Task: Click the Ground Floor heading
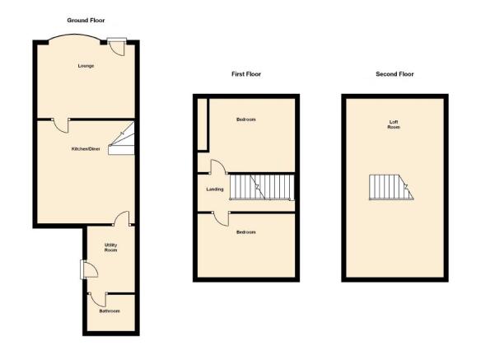[86, 21]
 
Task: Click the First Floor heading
[246, 74]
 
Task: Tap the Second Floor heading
[395, 74]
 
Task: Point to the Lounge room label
[86, 66]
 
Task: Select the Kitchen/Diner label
[86, 149]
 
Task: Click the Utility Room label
[111, 248]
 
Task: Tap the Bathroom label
[110, 311]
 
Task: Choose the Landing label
[215, 189]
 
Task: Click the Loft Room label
[394, 124]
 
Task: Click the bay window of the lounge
[74, 35]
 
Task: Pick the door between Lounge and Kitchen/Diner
[61, 125]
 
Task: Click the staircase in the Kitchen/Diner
[122, 138]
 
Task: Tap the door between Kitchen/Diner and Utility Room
[122, 218]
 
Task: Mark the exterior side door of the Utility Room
[89, 269]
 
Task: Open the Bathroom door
[98, 299]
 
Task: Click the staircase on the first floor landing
[262, 187]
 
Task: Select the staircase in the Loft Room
[391, 187]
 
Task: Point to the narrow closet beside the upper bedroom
[203, 124]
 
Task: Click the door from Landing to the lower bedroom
[221, 218]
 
